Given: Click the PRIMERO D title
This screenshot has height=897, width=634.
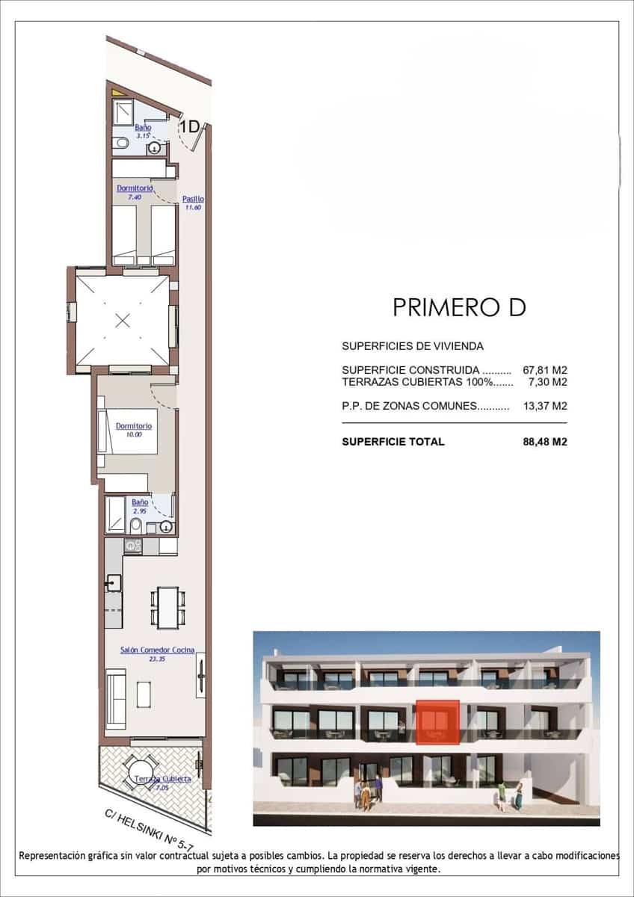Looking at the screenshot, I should (459, 307).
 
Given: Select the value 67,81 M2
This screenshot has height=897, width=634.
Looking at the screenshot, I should (545, 370).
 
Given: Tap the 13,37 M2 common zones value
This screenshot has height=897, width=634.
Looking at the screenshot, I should (545, 407).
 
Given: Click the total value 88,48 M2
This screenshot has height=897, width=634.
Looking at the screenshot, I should (545, 442).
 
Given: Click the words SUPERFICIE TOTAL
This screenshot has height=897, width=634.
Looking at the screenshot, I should (393, 442).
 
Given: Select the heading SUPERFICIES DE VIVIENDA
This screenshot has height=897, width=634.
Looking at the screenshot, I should (413, 346).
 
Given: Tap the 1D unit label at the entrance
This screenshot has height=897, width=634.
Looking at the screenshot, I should (190, 127).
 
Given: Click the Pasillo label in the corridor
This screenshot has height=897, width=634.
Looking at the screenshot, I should (193, 199).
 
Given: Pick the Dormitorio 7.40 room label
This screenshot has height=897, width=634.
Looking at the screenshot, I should (135, 188).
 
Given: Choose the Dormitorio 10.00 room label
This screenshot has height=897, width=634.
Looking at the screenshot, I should (134, 426).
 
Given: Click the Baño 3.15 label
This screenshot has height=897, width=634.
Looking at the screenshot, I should (143, 128).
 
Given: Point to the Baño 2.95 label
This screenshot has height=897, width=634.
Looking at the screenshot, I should (140, 503).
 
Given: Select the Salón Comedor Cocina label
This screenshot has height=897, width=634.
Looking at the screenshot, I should (157, 650).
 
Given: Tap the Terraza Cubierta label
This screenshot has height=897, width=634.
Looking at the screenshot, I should (163, 779).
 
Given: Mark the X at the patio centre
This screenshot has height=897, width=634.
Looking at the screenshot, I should (123, 321).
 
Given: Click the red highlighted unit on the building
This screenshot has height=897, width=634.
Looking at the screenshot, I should (437, 723).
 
